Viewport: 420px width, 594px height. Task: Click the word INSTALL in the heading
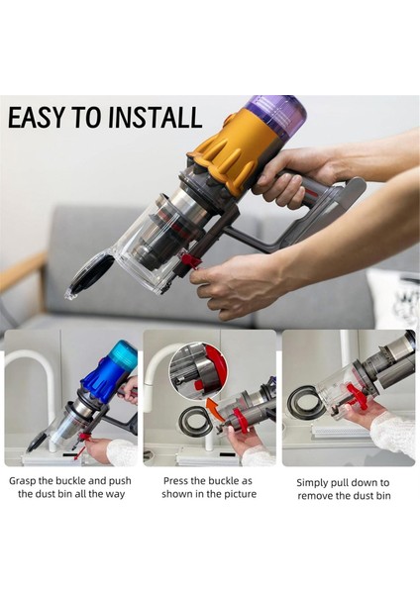155,117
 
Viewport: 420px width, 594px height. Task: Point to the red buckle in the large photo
189,261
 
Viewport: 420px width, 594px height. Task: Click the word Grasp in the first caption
23,481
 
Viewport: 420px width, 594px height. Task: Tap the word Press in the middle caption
176,481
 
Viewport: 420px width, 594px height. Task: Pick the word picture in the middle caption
240,494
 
